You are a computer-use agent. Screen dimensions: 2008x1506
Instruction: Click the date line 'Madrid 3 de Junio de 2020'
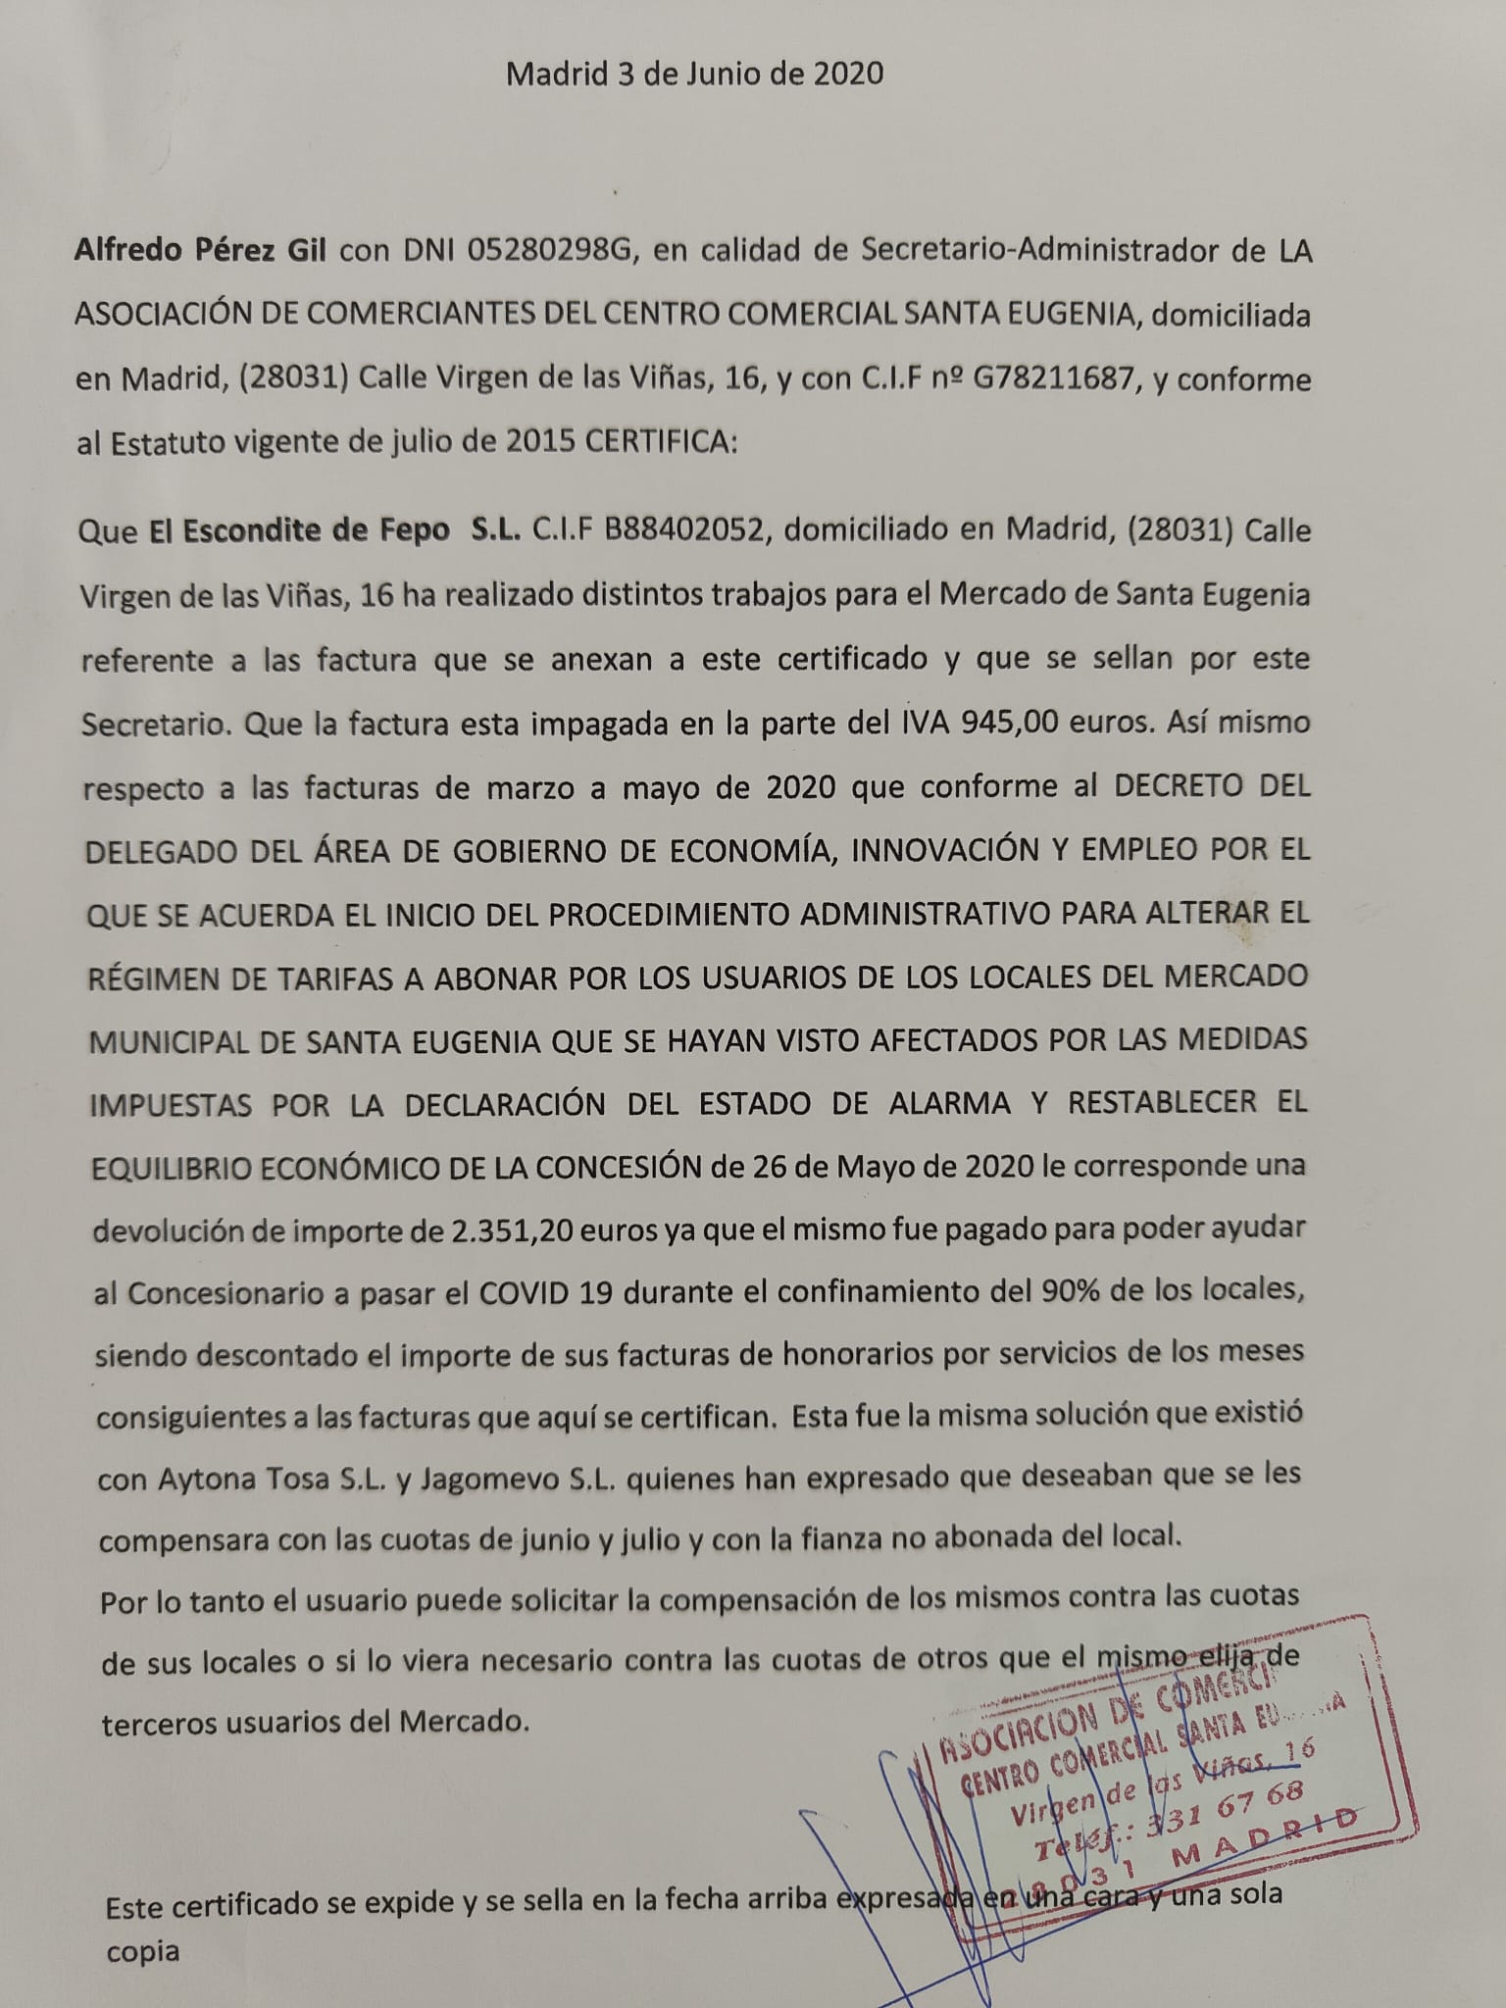694,74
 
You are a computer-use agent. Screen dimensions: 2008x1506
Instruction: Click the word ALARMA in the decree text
945,1102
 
